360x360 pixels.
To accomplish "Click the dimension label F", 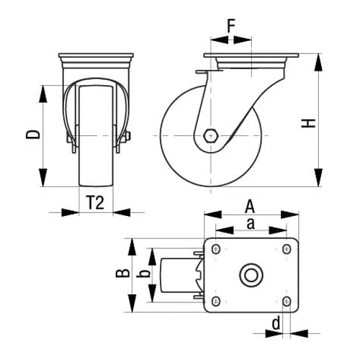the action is [231, 26].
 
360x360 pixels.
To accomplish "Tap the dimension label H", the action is [308, 123].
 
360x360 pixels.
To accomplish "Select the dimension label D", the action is [33, 135].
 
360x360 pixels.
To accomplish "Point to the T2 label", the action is [95, 202].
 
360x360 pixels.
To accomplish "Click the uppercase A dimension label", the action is [250, 207].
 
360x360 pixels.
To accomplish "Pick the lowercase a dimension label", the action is [251, 224].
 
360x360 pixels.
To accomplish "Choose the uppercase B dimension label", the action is [122, 274].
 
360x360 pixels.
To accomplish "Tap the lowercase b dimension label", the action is [143, 274].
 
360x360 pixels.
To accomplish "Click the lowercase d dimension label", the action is [276, 323].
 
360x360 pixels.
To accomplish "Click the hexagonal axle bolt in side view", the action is [210, 136].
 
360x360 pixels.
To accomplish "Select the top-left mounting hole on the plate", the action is [216, 249].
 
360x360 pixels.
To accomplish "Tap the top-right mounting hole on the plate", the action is [287, 249].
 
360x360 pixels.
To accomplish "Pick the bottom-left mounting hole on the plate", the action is [216, 301].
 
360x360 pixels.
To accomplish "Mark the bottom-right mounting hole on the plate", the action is [287, 301].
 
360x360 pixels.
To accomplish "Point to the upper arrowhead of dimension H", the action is [318, 63].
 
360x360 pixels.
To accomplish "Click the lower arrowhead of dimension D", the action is [43, 178].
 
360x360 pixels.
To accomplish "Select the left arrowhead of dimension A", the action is [212, 215].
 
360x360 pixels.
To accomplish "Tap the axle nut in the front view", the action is [127, 136].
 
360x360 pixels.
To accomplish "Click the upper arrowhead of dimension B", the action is [132, 247].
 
